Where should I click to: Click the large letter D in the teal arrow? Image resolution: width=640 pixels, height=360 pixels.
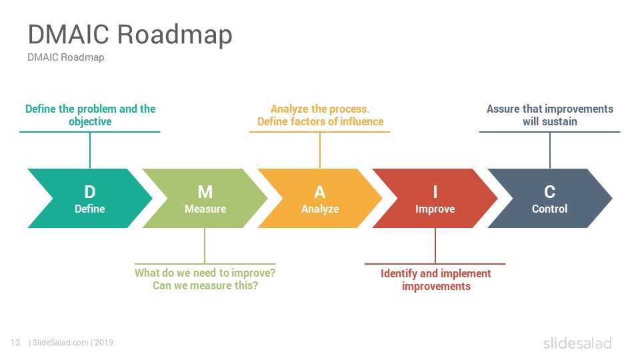click(90, 191)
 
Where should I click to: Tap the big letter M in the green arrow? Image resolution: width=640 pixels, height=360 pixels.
click(205, 191)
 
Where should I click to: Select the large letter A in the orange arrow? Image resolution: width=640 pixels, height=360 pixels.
click(320, 191)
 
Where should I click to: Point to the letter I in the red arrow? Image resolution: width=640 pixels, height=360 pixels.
click(435, 191)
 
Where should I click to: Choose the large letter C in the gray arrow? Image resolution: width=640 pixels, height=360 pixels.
click(550, 191)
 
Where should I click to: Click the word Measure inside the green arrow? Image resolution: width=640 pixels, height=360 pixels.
click(205, 209)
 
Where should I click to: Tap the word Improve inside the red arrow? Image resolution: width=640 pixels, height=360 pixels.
click(435, 209)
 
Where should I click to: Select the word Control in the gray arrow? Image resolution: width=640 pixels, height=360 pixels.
click(550, 209)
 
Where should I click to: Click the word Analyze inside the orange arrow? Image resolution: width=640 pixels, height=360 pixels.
click(320, 209)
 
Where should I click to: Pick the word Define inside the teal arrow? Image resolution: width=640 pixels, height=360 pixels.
click(90, 209)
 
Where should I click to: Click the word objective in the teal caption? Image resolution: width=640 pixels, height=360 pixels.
click(90, 122)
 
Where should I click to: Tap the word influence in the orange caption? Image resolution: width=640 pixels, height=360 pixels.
click(361, 121)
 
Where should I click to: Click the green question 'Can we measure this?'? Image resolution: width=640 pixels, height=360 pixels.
click(205, 286)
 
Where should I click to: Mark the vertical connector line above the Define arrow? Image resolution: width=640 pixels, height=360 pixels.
click(90, 150)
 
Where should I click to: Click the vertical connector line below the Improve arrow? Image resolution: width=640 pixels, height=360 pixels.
click(435, 246)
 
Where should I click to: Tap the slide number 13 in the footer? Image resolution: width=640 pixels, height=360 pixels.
click(15, 343)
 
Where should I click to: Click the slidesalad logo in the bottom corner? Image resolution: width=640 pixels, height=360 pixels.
click(577, 343)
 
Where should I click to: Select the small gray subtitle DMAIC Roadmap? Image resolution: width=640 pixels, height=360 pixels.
click(66, 57)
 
